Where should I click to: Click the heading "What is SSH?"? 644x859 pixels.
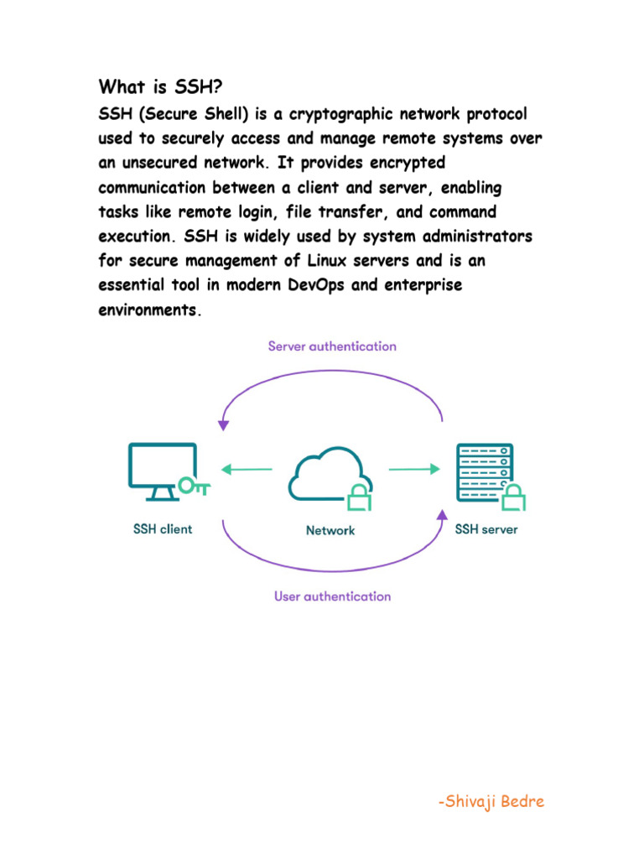point(160,86)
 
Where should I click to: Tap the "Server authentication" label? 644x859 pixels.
point(332,346)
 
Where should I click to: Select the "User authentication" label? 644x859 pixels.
point(332,596)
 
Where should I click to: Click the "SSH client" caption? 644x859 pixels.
point(163,529)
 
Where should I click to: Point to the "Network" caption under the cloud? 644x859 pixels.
point(330,530)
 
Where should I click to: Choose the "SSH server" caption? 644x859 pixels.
point(486,529)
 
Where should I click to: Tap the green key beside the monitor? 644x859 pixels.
point(193,486)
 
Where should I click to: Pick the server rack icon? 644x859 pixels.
point(483,472)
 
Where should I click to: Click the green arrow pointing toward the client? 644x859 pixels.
point(247,469)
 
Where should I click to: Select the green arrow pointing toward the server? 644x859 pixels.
point(414,469)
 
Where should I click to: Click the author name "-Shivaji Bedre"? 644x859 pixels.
point(491,801)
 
